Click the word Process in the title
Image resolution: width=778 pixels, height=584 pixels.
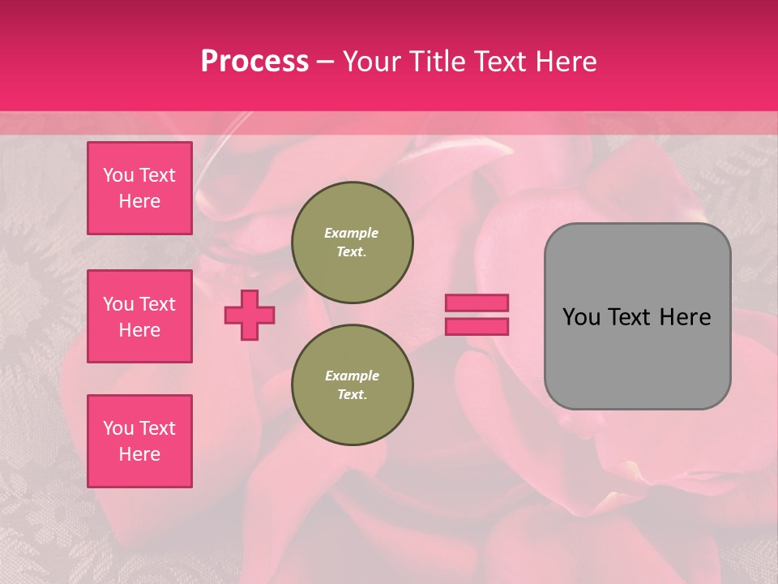point(254,61)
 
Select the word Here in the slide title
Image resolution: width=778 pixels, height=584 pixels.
point(566,61)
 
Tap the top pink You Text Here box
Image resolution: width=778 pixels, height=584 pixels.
point(139,188)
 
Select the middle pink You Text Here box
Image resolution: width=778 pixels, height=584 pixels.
point(139,316)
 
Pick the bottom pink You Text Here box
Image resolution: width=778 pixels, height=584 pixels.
point(139,441)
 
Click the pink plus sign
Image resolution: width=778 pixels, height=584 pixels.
point(250,315)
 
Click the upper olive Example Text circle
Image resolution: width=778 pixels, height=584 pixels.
point(353,243)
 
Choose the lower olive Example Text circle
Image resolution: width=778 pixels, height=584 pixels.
point(353,384)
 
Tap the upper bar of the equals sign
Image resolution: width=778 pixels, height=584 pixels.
point(477,303)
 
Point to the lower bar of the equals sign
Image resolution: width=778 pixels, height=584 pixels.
point(477,326)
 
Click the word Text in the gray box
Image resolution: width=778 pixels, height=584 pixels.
point(637,317)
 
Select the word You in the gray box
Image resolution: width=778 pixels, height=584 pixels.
point(582,317)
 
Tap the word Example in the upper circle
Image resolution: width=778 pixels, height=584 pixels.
point(352,233)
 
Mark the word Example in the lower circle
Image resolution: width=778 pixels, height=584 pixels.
point(352,376)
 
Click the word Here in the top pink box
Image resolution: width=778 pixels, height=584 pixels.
point(139,201)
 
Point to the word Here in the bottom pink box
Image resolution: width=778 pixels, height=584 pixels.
point(139,454)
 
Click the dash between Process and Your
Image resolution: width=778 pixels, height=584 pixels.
point(325,62)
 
